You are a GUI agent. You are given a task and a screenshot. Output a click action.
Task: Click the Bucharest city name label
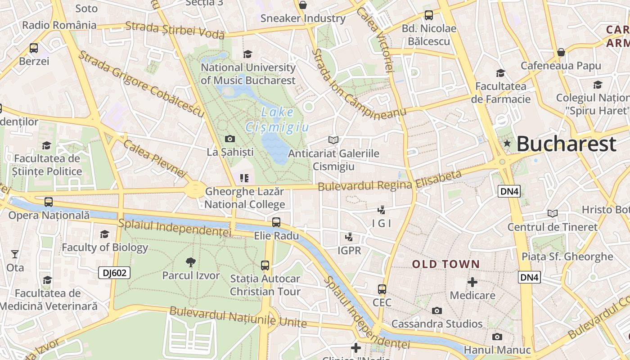(566, 144)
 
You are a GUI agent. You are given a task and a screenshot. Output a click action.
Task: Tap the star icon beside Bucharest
(507, 143)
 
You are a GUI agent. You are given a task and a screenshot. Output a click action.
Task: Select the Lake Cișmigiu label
(278, 120)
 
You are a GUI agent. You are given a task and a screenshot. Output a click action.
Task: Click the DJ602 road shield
(114, 272)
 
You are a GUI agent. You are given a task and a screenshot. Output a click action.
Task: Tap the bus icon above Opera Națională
(49, 202)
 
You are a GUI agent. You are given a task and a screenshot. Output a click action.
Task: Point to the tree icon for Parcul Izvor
(191, 262)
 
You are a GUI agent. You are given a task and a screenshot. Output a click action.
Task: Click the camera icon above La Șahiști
(230, 139)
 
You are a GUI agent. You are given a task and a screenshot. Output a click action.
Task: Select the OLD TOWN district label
(446, 264)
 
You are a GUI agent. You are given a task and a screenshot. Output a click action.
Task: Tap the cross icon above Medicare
(472, 282)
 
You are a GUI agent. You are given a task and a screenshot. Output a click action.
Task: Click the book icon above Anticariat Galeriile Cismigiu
(333, 140)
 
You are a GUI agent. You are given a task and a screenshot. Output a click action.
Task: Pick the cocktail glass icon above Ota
(15, 254)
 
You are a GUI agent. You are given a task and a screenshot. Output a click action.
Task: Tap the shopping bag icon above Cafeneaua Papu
(561, 52)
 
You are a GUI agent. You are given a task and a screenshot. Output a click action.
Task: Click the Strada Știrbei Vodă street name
(175, 30)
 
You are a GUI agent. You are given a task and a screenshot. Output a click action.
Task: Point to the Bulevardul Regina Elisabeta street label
(390, 180)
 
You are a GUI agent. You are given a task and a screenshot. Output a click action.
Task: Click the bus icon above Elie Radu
(276, 222)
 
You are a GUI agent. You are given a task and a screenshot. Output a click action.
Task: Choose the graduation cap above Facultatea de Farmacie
(500, 73)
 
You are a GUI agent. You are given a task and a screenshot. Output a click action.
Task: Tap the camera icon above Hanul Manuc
(497, 337)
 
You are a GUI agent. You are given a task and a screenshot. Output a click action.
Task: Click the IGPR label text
(349, 250)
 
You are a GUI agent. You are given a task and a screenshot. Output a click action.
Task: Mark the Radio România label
(59, 25)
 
